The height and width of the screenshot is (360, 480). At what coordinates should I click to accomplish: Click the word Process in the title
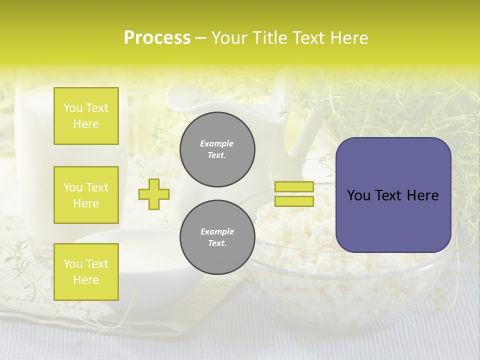coord(157,38)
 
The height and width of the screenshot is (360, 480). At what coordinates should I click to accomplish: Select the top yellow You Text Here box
coord(86,116)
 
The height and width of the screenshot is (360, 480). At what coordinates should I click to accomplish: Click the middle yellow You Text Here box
coord(86,195)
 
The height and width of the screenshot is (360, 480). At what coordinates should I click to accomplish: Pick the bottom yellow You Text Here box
coord(86,272)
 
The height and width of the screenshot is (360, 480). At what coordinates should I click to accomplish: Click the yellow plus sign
coord(154,194)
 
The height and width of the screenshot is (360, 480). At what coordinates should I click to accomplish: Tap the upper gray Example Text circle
coord(217,149)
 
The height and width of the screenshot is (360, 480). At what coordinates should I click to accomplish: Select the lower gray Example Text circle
coord(217,237)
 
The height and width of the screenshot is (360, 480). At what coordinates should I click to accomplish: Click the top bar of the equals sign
coord(294,186)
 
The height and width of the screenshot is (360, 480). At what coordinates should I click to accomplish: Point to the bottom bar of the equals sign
coord(294,201)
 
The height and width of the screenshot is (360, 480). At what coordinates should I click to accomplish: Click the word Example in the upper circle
coord(217,143)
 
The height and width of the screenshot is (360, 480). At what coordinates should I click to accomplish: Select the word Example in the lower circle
coord(217,231)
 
